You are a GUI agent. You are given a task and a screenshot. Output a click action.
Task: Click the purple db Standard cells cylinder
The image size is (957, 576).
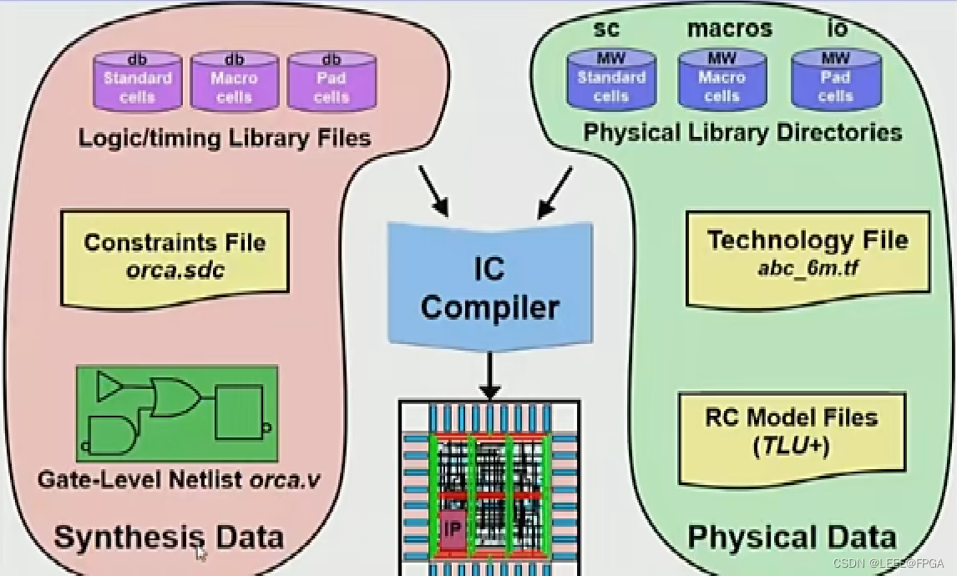[137, 82]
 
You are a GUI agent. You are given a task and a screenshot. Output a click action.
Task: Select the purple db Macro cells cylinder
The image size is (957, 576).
[234, 82]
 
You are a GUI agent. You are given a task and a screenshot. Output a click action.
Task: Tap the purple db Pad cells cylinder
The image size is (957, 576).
[331, 82]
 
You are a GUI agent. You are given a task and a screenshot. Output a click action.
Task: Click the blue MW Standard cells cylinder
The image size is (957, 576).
[610, 80]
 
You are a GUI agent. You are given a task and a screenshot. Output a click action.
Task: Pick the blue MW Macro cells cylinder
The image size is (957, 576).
[722, 80]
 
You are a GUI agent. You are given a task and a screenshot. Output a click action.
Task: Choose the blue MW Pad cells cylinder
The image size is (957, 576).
[835, 80]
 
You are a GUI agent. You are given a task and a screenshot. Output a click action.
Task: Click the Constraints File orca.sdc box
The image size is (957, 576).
[175, 255]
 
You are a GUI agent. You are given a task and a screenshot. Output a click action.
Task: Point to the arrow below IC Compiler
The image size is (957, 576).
[490, 376]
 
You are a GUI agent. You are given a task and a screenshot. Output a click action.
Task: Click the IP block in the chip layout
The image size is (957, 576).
[452, 529]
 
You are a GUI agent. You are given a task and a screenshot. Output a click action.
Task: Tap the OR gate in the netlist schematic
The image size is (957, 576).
[173, 397]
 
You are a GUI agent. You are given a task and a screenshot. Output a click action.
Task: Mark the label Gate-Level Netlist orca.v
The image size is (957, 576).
[178, 481]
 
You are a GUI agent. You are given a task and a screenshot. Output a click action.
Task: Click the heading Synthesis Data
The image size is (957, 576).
[169, 537]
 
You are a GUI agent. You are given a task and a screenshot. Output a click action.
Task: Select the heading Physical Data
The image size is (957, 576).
[791, 537]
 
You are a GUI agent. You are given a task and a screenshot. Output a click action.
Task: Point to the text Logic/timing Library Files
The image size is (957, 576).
[224, 138]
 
